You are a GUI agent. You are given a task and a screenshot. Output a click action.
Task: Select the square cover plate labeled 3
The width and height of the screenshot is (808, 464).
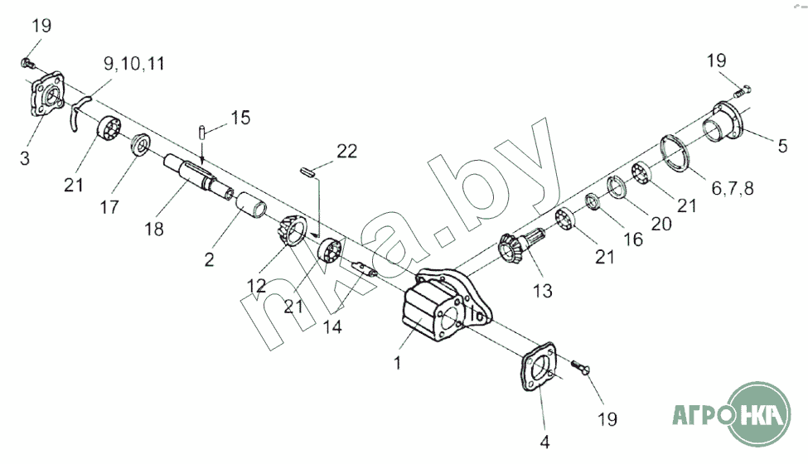click(x=47, y=94)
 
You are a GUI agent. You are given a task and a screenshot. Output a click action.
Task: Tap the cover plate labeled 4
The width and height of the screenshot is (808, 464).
click(x=539, y=366)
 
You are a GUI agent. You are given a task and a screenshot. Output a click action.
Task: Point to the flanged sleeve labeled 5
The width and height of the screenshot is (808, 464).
click(x=724, y=123)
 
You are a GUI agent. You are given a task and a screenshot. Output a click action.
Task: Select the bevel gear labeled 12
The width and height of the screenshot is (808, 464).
click(x=292, y=231)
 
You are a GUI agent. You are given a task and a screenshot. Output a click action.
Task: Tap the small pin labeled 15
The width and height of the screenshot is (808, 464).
click(x=202, y=132)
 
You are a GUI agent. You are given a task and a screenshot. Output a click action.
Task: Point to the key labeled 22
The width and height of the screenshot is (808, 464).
click(x=307, y=172)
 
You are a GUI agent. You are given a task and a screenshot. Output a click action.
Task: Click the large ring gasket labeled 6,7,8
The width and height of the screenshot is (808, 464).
click(x=675, y=153)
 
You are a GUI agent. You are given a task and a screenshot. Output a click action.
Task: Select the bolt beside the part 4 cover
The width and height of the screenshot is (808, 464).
click(x=580, y=366)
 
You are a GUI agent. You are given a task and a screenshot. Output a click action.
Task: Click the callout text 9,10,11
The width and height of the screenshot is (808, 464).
click(x=134, y=64)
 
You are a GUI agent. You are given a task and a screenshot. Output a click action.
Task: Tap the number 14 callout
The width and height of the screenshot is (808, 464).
click(x=332, y=326)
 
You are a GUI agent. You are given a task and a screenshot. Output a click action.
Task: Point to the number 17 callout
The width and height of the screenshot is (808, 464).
click(x=109, y=207)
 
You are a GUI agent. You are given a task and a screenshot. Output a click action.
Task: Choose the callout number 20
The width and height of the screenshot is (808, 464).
click(x=661, y=224)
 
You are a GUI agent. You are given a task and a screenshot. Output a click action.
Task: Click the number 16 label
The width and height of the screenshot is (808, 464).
click(x=633, y=239)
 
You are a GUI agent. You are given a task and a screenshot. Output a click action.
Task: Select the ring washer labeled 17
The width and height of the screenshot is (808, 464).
click(x=140, y=144)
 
